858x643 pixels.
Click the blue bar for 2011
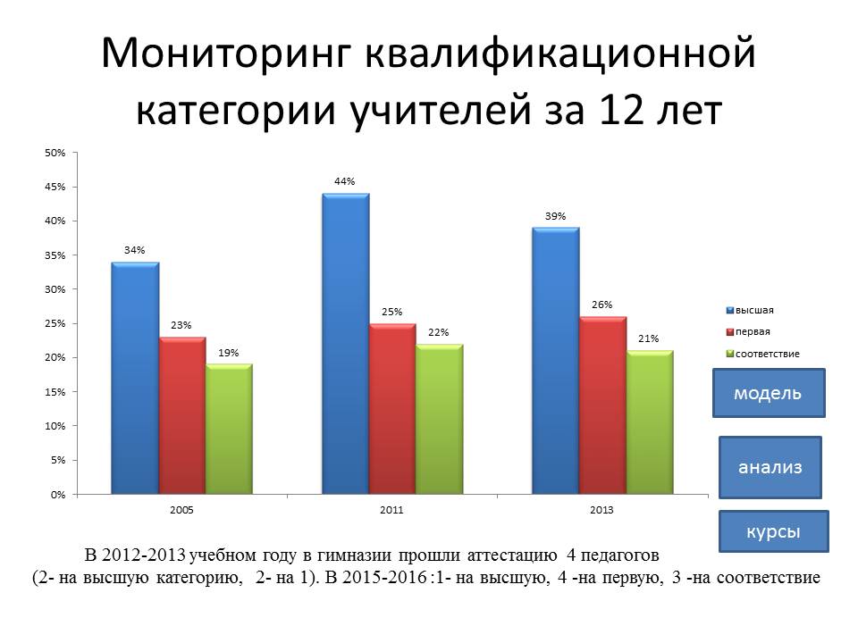point(345,344)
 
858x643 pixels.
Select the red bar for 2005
point(182,415)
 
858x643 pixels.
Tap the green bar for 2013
point(650,422)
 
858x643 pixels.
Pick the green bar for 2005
point(230,430)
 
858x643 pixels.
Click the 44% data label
point(345,181)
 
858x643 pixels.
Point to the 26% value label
point(601,305)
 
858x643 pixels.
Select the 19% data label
point(229,353)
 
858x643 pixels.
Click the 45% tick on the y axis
point(55,187)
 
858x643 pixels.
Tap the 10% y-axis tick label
point(55,426)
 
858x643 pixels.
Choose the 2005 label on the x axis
point(181,510)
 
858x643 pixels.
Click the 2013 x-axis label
point(601,510)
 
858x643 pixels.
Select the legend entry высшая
point(750,311)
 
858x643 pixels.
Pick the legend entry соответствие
point(762,354)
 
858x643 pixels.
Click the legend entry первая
point(748,332)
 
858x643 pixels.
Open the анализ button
point(770,467)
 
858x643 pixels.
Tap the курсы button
point(773,531)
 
